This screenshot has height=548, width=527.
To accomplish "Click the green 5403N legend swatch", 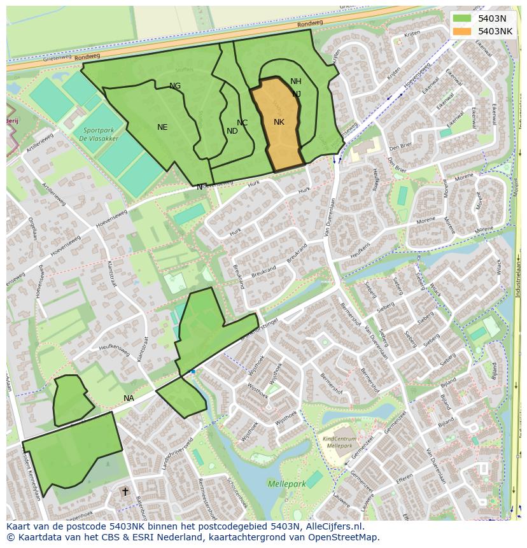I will [x=462, y=18].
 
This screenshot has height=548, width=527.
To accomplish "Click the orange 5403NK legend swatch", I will [x=462, y=31].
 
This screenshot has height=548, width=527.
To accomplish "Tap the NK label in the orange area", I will [x=279, y=122].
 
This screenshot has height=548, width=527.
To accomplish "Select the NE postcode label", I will [x=162, y=127].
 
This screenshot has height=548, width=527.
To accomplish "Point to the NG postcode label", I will [x=175, y=86].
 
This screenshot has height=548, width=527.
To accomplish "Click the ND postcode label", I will [x=232, y=131].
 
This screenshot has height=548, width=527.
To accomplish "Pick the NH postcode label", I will [x=296, y=81].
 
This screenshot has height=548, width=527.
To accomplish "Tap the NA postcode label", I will [x=129, y=398].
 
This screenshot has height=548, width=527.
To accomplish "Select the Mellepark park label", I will [x=286, y=484].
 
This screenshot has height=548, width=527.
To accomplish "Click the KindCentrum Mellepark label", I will [x=339, y=442].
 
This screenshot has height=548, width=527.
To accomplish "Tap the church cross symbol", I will [x=125, y=491].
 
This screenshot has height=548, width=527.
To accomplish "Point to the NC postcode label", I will [x=242, y=123].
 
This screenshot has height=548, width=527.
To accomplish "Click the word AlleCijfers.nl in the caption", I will [x=334, y=526].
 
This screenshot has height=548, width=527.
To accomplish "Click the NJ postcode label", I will [x=297, y=94].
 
